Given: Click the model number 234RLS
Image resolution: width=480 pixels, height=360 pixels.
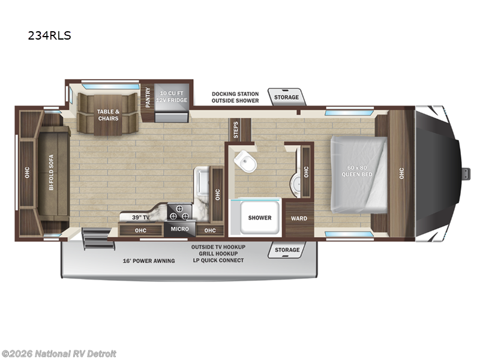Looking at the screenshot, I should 49,35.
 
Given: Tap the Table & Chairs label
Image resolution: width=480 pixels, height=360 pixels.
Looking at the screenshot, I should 108,114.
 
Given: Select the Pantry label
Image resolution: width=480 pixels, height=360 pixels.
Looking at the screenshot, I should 148,97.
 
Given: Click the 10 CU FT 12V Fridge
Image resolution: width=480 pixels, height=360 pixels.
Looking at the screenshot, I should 172,96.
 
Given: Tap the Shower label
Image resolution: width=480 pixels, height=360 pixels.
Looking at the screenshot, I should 259,218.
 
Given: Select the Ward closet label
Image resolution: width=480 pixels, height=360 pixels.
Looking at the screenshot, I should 299,218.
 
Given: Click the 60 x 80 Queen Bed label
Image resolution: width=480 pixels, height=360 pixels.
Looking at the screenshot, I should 358,170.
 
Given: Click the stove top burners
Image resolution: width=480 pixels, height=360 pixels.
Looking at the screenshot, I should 179,214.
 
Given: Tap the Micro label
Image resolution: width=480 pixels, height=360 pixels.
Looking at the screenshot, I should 179,229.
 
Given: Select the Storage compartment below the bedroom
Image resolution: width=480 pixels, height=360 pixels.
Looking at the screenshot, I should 287,249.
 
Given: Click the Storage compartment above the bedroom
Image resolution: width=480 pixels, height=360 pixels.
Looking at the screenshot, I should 286,97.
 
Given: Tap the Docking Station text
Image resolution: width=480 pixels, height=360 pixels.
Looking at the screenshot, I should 235,94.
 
